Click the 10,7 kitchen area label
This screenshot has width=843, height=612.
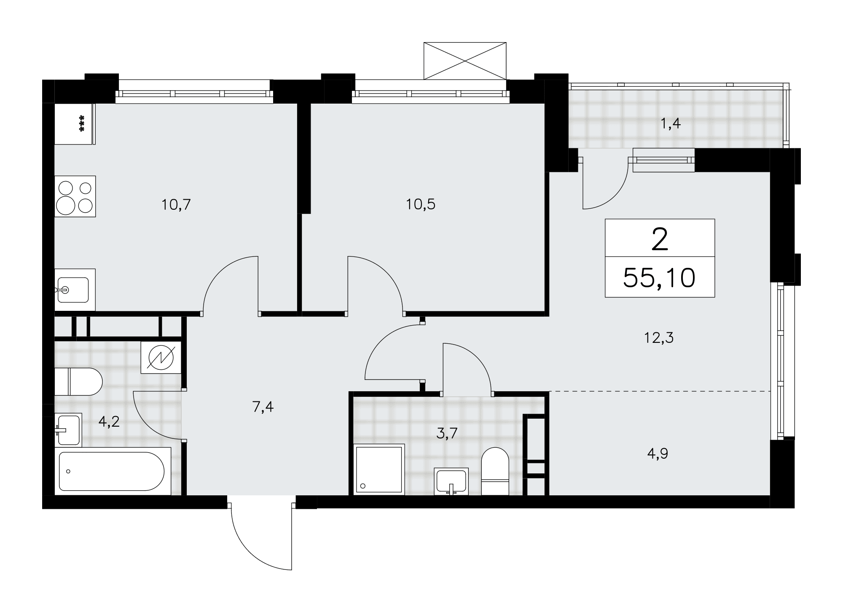pyautogui.click(x=176, y=205)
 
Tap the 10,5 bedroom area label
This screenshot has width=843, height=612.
pyautogui.click(x=421, y=205)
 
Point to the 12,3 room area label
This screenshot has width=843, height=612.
pyautogui.click(x=659, y=338)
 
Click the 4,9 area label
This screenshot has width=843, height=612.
pyautogui.click(x=658, y=454)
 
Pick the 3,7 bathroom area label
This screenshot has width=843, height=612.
pyautogui.click(x=447, y=433)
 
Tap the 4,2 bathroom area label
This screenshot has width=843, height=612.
pyautogui.click(x=109, y=421)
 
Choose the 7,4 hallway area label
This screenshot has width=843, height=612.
pyautogui.click(x=263, y=407)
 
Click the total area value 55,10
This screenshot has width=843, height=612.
pyautogui.click(x=659, y=278)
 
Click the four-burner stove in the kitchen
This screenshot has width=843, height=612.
pyautogui.click(x=75, y=196)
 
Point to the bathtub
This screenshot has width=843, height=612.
pyautogui.click(x=113, y=471)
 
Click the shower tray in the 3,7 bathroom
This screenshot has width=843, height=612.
pyautogui.click(x=379, y=469)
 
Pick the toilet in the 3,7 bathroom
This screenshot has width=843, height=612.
pyautogui.click(x=495, y=471)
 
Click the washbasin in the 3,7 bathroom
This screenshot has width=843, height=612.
pyautogui.click(x=451, y=481)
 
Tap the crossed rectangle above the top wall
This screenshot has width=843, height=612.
pyautogui.click(x=464, y=60)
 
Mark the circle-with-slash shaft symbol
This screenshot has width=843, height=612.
pyautogui.click(x=161, y=357)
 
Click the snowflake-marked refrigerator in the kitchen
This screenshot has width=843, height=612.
pyautogui.click(x=75, y=124)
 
